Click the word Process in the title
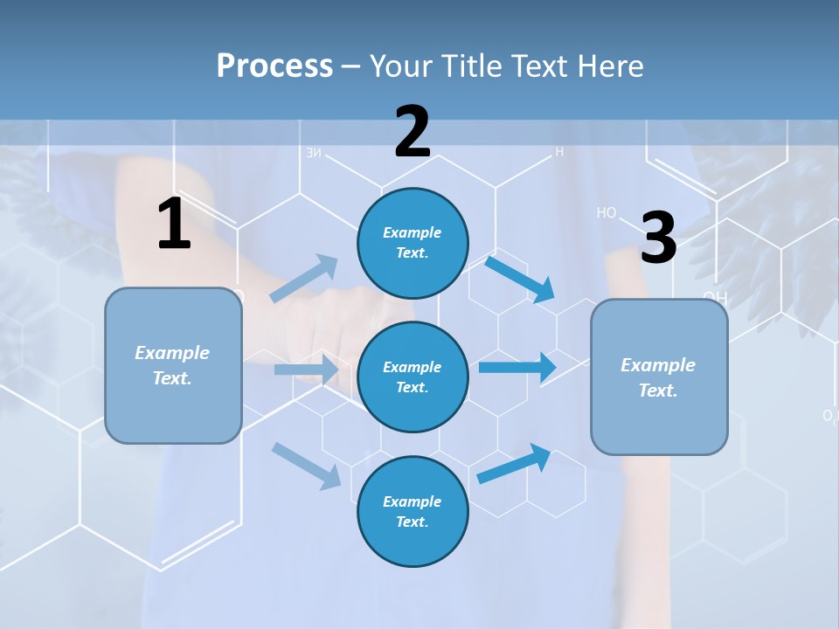pos(274,66)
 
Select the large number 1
pos(174,225)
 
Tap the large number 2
pos(413,132)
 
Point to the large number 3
pos(658,238)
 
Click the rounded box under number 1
pos(173,365)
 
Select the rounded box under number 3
pos(659,377)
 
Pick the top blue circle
pos(413,243)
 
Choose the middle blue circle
pos(413,377)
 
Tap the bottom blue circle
pos(413,512)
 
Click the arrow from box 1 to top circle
pos(304,279)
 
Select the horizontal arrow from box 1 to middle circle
pos(306,370)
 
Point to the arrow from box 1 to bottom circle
pos(306,466)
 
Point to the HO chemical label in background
pos(607,212)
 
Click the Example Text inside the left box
pos(172,365)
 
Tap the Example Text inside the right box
pos(658,377)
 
